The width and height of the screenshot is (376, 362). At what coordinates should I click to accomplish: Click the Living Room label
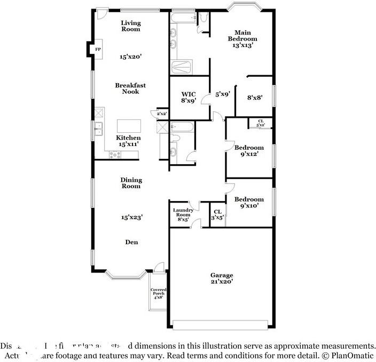tap(130, 26)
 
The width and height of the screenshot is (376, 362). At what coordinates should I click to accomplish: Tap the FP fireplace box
tap(98, 50)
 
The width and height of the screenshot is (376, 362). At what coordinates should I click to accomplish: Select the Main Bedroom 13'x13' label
tap(242, 39)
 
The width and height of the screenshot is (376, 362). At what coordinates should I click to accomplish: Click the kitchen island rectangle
tap(129, 126)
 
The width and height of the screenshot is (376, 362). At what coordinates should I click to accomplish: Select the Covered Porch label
tap(158, 294)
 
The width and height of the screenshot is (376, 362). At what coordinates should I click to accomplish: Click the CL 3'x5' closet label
tap(217, 214)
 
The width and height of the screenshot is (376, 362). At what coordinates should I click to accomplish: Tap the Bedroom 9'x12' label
tap(249, 151)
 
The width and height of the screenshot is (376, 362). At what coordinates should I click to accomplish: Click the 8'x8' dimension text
tap(255, 98)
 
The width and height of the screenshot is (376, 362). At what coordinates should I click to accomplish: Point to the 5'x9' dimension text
tap(222, 94)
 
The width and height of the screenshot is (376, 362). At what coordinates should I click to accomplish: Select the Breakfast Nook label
tap(130, 89)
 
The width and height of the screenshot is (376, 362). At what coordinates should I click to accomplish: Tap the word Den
tap(131, 242)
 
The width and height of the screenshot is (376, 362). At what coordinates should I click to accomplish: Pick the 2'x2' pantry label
tap(161, 114)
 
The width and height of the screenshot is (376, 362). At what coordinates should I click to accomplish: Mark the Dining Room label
tap(130, 183)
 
